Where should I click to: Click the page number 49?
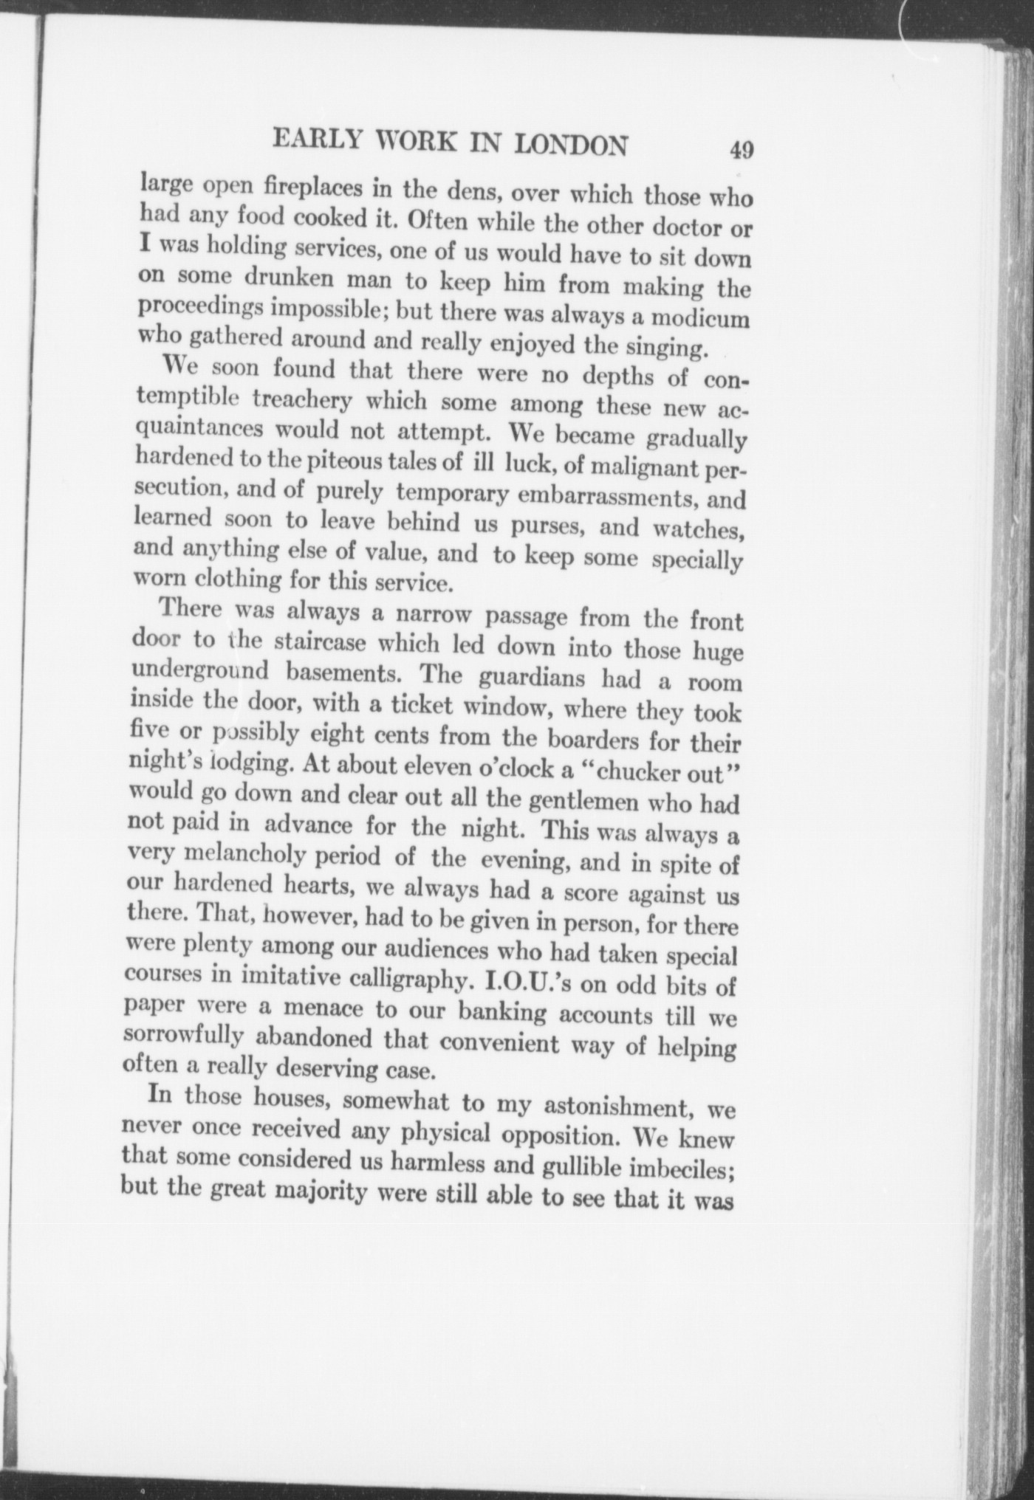click(x=741, y=150)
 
